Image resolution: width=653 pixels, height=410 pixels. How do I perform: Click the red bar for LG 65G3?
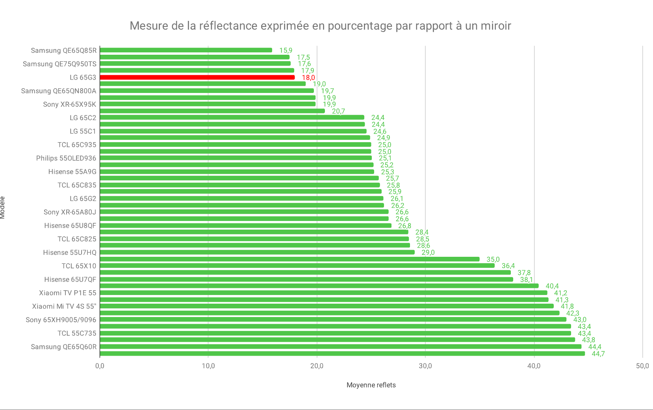coord(197,77)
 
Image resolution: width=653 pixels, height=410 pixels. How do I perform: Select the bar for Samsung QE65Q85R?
coord(186,50)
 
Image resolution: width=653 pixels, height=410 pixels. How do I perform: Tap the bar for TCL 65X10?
coord(297,265)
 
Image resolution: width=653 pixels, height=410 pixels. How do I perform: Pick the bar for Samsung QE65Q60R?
coord(340,347)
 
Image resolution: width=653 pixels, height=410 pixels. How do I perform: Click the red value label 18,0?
coord(308,78)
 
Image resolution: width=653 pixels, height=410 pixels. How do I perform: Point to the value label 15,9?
coord(286,50)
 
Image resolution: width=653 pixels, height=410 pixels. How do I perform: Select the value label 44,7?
coord(598,354)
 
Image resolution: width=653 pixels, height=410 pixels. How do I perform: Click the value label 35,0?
coord(493,259)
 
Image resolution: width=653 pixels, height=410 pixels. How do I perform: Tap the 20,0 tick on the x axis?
coord(317,366)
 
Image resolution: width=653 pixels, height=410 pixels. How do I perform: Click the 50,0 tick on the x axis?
coord(642,366)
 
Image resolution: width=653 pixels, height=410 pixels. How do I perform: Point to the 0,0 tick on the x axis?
coord(100,366)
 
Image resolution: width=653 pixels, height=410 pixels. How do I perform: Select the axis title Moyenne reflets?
coord(371,385)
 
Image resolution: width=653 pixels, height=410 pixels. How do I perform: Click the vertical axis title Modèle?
coord(3,208)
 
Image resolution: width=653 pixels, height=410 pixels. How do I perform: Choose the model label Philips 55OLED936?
coord(66,158)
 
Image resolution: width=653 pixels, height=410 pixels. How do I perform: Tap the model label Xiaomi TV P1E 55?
coord(67,293)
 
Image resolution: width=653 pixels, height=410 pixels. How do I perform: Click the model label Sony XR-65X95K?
coord(70,104)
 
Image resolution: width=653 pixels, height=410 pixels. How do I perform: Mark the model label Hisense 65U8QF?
coord(70,226)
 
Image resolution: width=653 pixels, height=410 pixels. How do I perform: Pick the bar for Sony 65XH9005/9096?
coord(333,319)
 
